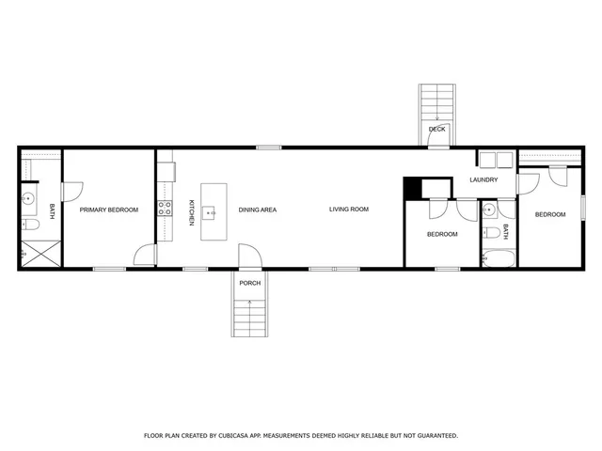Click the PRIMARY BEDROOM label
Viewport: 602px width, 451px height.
coord(108,210)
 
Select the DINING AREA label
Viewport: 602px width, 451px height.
coord(257,210)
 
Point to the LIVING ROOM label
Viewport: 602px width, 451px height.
coord(348,210)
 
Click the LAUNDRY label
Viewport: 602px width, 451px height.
coord(483,179)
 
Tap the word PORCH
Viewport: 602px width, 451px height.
coord(249,283)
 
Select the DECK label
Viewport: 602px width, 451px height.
coord(436,129)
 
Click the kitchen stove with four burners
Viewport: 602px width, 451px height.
coord(165,209)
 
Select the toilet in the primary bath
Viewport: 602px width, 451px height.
coord(29,227)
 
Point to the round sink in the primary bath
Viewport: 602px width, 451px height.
coord(29,199)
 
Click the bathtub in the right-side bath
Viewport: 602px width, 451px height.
coord(497,258)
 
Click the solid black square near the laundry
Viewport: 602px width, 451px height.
coord(412,187)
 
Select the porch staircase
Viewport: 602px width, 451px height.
coord(249,313)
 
